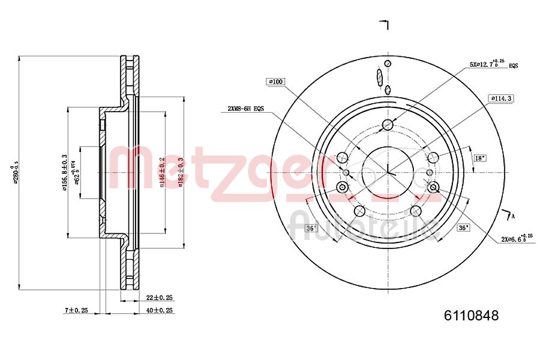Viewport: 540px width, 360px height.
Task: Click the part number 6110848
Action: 471,316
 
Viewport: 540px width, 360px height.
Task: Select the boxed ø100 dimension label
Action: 276,81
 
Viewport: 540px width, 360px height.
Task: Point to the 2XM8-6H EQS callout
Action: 245,109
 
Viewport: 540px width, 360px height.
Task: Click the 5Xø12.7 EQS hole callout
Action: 493,64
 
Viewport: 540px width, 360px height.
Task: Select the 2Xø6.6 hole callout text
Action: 517,238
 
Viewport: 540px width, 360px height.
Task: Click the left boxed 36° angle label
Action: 311,228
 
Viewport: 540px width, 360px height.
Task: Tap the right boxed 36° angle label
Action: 463,228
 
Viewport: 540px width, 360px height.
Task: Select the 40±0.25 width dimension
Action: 160,310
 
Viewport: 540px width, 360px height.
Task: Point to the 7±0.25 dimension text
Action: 76,310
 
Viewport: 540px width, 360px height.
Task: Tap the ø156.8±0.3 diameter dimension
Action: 64,172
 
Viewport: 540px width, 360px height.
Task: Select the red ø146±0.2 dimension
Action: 163,172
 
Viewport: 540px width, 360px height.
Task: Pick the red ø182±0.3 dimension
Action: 180,172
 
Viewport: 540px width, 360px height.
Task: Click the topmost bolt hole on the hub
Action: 388,125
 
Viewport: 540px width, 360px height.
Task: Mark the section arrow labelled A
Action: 511,215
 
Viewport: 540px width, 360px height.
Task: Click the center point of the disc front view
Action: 388,172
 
